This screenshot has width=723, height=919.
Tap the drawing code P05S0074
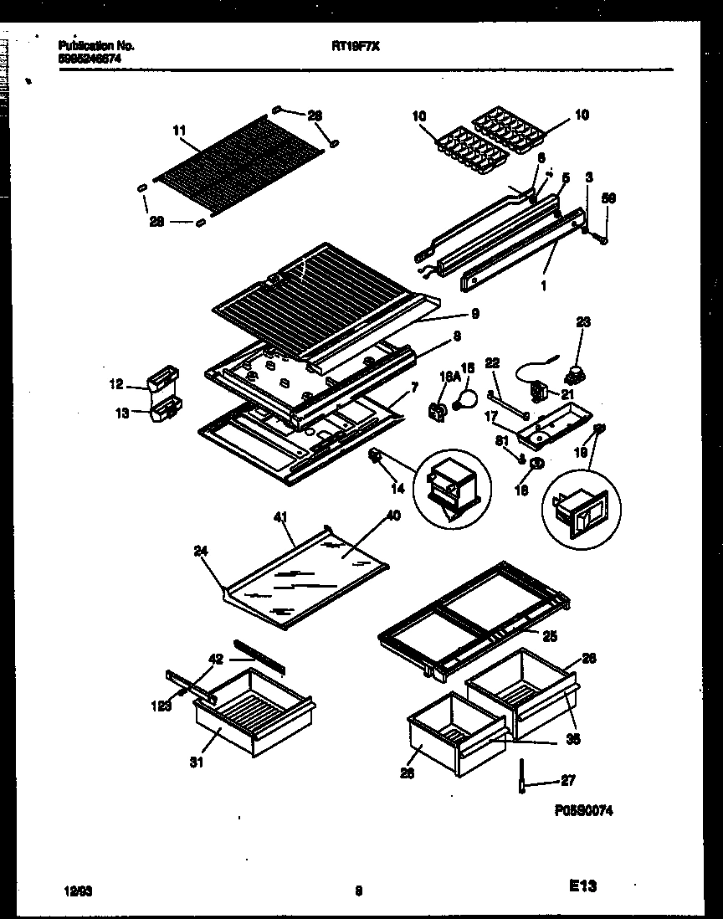pos(583,811)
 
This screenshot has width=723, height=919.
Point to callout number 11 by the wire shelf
pos(177,131)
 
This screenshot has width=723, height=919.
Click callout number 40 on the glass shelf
pos(392,516)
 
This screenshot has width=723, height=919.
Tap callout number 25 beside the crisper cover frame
pos(550,636)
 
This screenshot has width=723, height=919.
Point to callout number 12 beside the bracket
pos(115,386)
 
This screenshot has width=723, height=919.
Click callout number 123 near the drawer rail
pos(162,705)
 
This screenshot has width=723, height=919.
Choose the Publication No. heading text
pos(96,46)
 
